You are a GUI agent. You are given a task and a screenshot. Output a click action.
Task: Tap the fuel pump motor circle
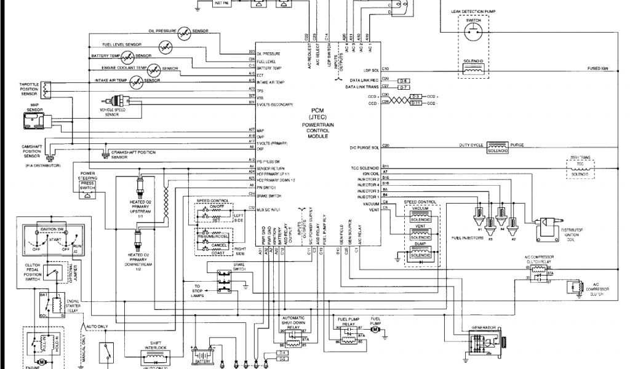click(375, 331)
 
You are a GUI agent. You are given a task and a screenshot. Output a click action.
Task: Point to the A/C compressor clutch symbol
click(575, 288)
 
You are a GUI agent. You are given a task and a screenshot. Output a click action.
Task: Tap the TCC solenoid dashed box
click(580, 169)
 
